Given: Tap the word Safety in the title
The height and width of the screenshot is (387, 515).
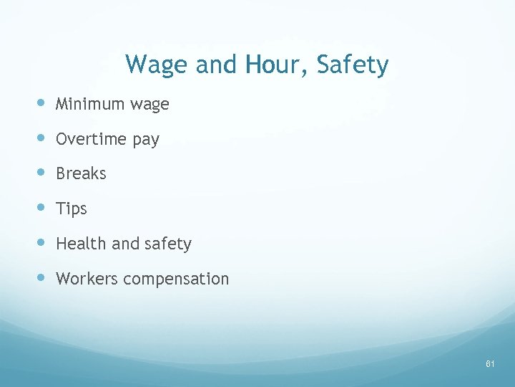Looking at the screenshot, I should [353, 65].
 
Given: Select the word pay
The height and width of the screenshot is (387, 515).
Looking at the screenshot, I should [146, 140].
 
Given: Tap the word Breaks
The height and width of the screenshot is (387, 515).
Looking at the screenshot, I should [81, 173].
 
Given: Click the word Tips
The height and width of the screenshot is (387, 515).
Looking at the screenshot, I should [72, 209].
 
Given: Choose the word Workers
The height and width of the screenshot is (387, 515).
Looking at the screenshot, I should [87, 279].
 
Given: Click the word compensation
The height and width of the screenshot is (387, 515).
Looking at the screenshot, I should [176, 279].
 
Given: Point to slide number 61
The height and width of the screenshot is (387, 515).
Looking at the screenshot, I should [490, 364].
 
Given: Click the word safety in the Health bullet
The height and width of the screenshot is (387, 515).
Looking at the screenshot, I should [168, 244].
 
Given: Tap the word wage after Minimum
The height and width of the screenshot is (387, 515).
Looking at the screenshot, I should [149, 105].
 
